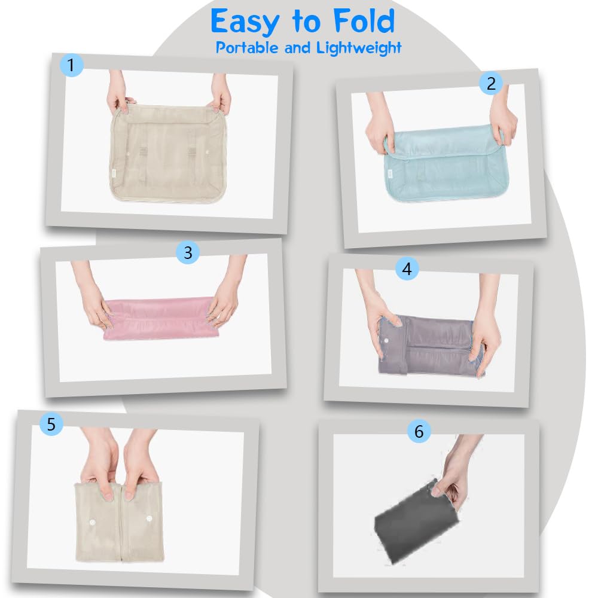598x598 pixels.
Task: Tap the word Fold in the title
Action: coord(364,21)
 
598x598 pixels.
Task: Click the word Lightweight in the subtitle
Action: coord(358,48)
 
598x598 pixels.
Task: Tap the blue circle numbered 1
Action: coord(71,65)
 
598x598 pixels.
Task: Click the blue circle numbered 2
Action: coord(491,83)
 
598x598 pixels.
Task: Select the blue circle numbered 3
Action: coord(188,252)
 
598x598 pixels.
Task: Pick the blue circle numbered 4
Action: coord(407,269)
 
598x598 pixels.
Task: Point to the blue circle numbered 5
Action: coord(51,424)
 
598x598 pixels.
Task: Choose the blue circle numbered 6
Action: coord(419,431)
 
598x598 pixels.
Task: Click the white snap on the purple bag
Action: coord(386,340)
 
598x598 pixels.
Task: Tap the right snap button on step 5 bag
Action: coord(149,518)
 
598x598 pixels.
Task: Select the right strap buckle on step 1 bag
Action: coord(191,152)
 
